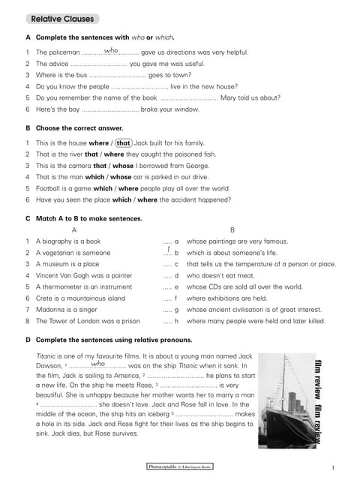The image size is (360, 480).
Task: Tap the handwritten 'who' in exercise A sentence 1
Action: [x=111, y=50]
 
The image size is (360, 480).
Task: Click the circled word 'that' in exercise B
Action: [x=124, y=142]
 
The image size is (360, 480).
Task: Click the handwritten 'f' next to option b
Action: [x=169, y=250]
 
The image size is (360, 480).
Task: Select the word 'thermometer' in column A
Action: [x=62, y=286]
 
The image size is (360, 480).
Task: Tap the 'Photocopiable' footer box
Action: [x=180, y=466]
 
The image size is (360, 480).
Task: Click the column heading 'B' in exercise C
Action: [x=232, y=229]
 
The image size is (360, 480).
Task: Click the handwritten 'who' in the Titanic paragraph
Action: [x=97, y=364]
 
